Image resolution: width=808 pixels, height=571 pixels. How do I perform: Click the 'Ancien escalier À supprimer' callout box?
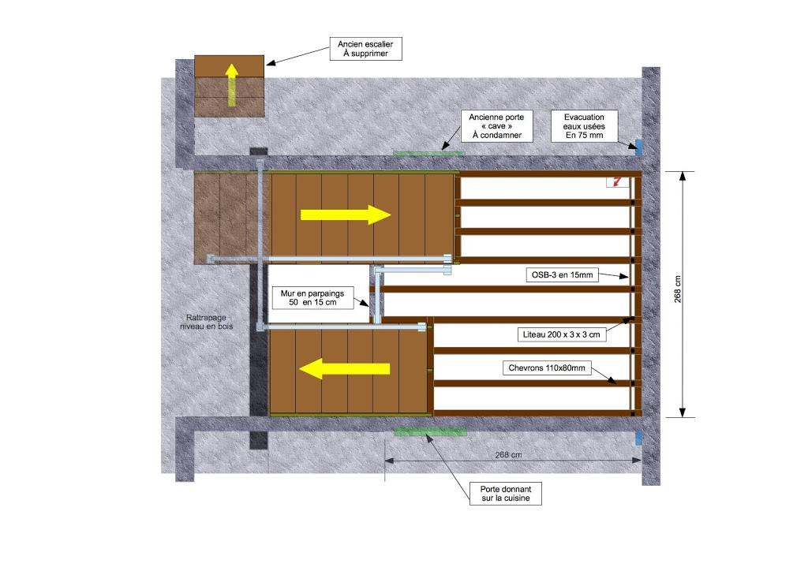[366, 49]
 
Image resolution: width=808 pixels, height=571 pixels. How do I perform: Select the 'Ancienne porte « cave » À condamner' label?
[496, 126]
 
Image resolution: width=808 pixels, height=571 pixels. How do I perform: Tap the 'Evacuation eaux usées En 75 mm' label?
[584, 126]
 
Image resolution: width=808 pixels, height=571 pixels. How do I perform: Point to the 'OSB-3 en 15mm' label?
[562, 275]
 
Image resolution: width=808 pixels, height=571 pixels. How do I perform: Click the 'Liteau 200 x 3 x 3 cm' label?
[561, 334]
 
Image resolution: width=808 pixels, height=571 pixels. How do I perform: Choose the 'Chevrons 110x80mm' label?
[547, 368]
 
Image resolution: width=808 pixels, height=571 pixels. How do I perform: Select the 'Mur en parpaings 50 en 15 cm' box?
[312, 297]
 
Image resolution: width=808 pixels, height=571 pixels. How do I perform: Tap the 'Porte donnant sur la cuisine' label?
[506, 493]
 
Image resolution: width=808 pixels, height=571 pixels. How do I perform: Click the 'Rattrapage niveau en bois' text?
[207, 322]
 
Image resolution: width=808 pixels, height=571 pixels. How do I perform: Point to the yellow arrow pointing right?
[346, 215]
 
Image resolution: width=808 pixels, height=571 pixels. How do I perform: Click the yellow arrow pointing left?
[344, 368]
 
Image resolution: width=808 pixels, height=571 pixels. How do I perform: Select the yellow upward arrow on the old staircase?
[232, 85]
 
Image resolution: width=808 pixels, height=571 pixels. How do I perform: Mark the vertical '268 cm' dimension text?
[678, 289]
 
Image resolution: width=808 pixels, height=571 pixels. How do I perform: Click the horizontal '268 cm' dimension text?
[508, 454]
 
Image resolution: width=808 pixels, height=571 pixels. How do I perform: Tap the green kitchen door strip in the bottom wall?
[430, 431]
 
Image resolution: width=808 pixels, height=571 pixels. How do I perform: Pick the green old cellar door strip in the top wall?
[428, 153]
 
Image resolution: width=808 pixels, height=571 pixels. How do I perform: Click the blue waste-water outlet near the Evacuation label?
[639, 147]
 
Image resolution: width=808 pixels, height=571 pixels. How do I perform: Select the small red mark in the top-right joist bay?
[616, 181]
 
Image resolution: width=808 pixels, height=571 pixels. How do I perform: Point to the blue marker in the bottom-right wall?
[639, 439]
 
